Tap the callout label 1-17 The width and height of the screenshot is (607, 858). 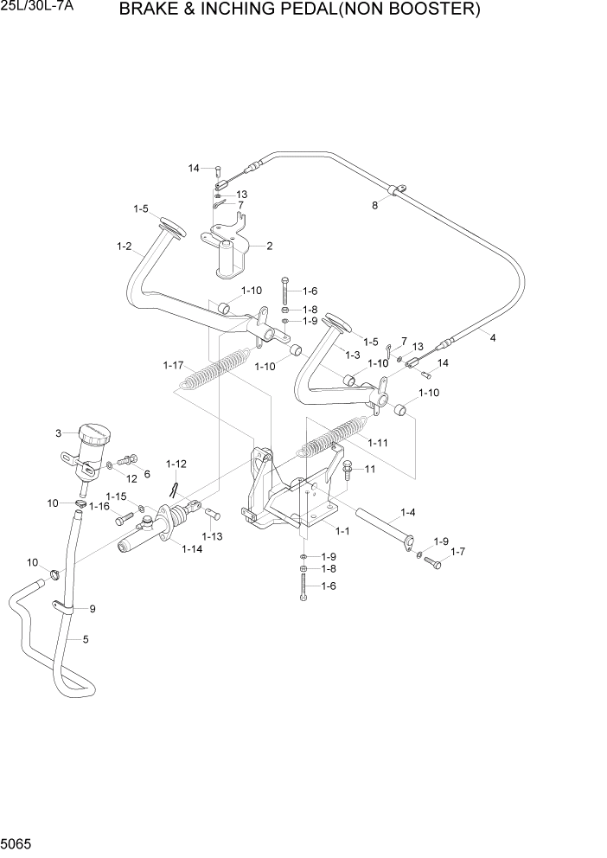tap(173, 366)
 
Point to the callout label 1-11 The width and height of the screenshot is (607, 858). tap(377, 443)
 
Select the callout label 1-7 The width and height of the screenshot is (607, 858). tap(457, 551)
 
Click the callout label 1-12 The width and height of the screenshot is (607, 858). tap(176, 464)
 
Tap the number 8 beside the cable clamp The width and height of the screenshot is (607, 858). tap(374, 206)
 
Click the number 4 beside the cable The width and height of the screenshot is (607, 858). tap(493, 337)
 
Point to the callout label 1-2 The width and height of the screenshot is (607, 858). tap(124, 247)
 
